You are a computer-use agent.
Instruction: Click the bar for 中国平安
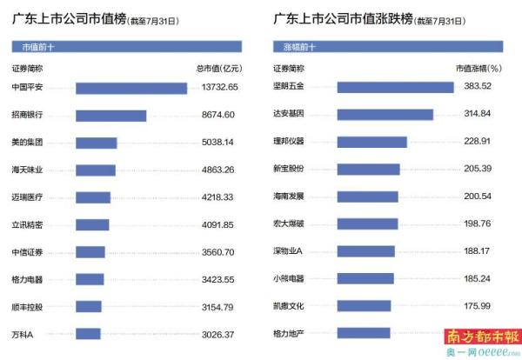(131, 88)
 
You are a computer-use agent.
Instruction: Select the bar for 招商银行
(110, 115)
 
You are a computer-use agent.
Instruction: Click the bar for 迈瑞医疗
(93, 197)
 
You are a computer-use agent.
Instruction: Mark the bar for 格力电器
(90, 280)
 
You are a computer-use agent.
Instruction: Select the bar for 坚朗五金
(395, 87)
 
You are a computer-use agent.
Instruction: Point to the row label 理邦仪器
(289, 142)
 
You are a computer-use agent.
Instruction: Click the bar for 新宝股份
(368, 169)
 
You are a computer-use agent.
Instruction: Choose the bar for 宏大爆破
(366, 223)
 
